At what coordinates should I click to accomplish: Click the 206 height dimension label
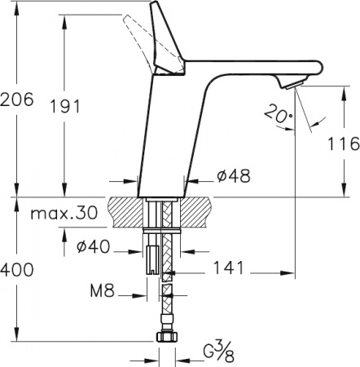[17, 99]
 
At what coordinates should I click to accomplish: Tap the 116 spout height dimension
[341, 145]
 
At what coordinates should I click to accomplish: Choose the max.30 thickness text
[62, 215]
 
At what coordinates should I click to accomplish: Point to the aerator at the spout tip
[290, 83]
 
